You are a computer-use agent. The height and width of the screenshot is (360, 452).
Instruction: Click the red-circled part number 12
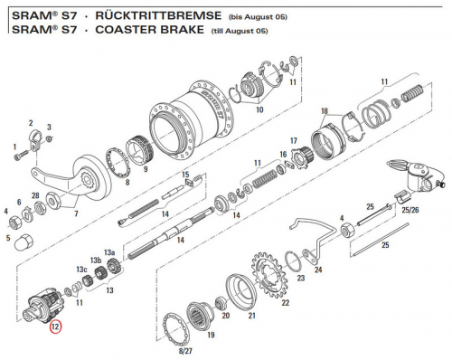[56, 327]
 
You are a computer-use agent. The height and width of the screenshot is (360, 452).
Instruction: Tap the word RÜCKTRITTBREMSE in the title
[158, 15]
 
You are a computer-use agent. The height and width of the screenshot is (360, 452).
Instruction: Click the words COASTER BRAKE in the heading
[150, 30]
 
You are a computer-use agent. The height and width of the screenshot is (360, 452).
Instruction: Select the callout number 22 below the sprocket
[285, 302]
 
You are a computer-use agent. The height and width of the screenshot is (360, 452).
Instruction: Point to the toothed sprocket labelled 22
[270, 273]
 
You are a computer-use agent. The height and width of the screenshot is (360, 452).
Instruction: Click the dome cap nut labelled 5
[24, 242]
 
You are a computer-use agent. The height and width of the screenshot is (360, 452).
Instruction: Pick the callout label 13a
[109, 252]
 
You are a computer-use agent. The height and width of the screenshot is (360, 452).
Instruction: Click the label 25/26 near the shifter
[410, 210]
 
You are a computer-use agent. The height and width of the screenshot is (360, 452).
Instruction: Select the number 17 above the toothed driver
[294, 141]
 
